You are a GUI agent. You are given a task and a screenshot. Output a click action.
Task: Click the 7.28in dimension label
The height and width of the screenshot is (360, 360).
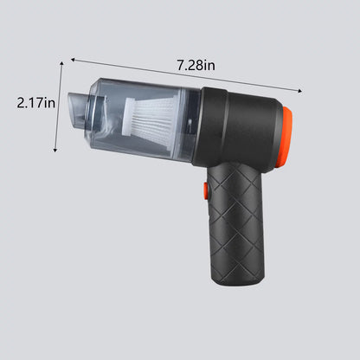[196, 66]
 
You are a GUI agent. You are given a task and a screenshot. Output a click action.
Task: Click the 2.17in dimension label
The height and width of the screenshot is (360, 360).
[35, 103]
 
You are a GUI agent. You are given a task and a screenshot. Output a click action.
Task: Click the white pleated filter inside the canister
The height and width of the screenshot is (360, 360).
[149, 120]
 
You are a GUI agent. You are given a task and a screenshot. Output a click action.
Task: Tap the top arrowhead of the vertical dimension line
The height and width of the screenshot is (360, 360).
[61, 63]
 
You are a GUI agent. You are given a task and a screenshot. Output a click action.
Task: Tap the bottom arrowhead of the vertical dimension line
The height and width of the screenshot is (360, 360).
[55, 150]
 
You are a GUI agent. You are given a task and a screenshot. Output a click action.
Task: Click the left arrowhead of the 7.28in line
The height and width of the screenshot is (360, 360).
[73, 60]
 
